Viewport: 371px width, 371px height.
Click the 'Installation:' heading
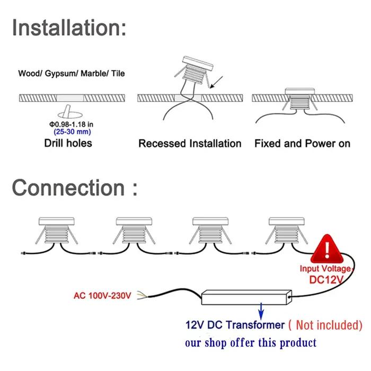pos(69,28)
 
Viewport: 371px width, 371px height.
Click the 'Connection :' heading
pos(75,188)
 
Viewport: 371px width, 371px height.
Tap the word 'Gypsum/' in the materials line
pos(61,74)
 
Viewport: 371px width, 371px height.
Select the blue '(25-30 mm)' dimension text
pos(72,132)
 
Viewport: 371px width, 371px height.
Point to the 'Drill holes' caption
pos(68,143)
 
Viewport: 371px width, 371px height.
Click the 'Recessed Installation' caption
pos(190,144)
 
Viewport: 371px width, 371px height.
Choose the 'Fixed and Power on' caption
pos(302,144)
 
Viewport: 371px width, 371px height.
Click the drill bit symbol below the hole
pos(70,112)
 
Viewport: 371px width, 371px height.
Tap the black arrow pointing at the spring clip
pos(216,82)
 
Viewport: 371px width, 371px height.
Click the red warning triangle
pos(327,249)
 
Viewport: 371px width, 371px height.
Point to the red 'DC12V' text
pos(326,280)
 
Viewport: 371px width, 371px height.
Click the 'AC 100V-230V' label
pos(102,296)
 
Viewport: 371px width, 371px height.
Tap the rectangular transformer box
pos(246,297)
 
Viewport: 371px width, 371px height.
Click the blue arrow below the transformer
pos(261,311)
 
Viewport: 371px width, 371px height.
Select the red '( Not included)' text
pos(325,325)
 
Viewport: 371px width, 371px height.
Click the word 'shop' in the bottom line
pos(215,343)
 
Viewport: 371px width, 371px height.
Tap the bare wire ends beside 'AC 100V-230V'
pos(143,295)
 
